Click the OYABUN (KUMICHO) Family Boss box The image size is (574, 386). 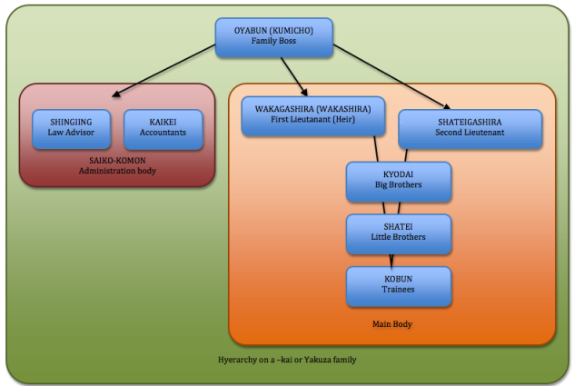tap(273, 36)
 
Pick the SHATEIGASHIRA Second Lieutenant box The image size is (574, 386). tap(470, 128)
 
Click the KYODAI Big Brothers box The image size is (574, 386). tap(398, 180)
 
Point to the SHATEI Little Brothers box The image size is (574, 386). tap(398, 233)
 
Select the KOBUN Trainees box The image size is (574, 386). tap(398, 285)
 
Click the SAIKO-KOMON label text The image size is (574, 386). tap(117, 161)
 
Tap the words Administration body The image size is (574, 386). tap(117, 173)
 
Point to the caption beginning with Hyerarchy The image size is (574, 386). tap(287, 360)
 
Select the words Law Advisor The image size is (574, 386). tap(71, 133)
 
